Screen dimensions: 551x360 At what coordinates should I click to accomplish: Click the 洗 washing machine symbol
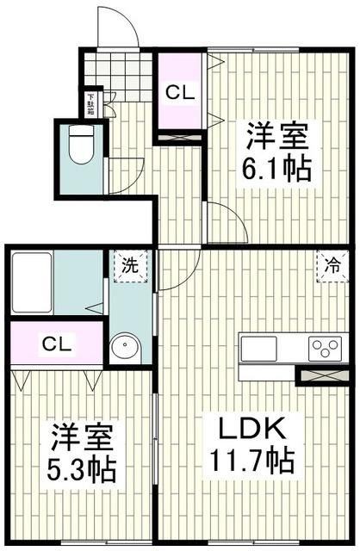point(129,266)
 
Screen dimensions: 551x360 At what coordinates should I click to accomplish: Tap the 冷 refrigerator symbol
point(332,266)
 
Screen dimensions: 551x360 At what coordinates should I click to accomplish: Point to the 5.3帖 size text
point(82,471)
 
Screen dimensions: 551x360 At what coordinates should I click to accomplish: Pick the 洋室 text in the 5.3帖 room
point(82,437)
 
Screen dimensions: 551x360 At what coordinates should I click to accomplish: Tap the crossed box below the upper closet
point(180,135)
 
